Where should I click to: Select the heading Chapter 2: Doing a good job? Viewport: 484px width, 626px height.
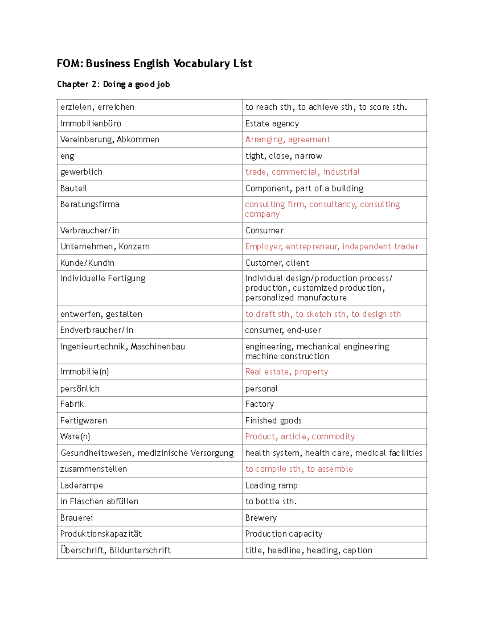pyautogui.click(x=113, y=84)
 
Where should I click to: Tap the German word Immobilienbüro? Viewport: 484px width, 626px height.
pyautogui.click(x=91, y=123)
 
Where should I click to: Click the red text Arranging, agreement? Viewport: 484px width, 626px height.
pyautogui.click(x=288, y=139)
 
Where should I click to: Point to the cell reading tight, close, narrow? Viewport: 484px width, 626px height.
pyautogui.click(x=284, y=156)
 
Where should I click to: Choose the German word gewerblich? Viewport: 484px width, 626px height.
pyautogui.click(x=81, y=172)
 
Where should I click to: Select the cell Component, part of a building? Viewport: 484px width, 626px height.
pyautogui.click(x=304, y=188)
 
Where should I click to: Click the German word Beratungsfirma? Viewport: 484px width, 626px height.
pyautogui.click(x=90, y=204)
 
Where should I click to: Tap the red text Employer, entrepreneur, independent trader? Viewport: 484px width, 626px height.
pyautogui.click(x=332, y=246)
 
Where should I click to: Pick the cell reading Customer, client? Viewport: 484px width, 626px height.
pyautogui.click(x=277, y=263)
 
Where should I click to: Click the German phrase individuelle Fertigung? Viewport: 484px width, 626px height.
pyautogui.click(x=103, y=279)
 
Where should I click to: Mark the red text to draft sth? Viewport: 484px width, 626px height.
pyautogui.click(x=268, y=314)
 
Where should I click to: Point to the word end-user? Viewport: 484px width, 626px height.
pyautogui.click(x=304, y=330)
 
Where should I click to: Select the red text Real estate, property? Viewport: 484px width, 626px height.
pyautogui.click(x=286, y=372)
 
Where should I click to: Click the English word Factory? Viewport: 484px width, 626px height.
pyautogui.click(x=259, y=404)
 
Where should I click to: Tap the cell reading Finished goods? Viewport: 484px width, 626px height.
pyautogui.click(x=273, y=420)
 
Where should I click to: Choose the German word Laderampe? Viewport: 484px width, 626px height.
pyautogui.click(x=81, y=485)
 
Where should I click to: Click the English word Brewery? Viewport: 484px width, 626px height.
pyautogui.click(x=261, y=518)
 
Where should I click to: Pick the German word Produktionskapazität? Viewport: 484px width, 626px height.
pyautogui.click(x=101, y=534)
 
